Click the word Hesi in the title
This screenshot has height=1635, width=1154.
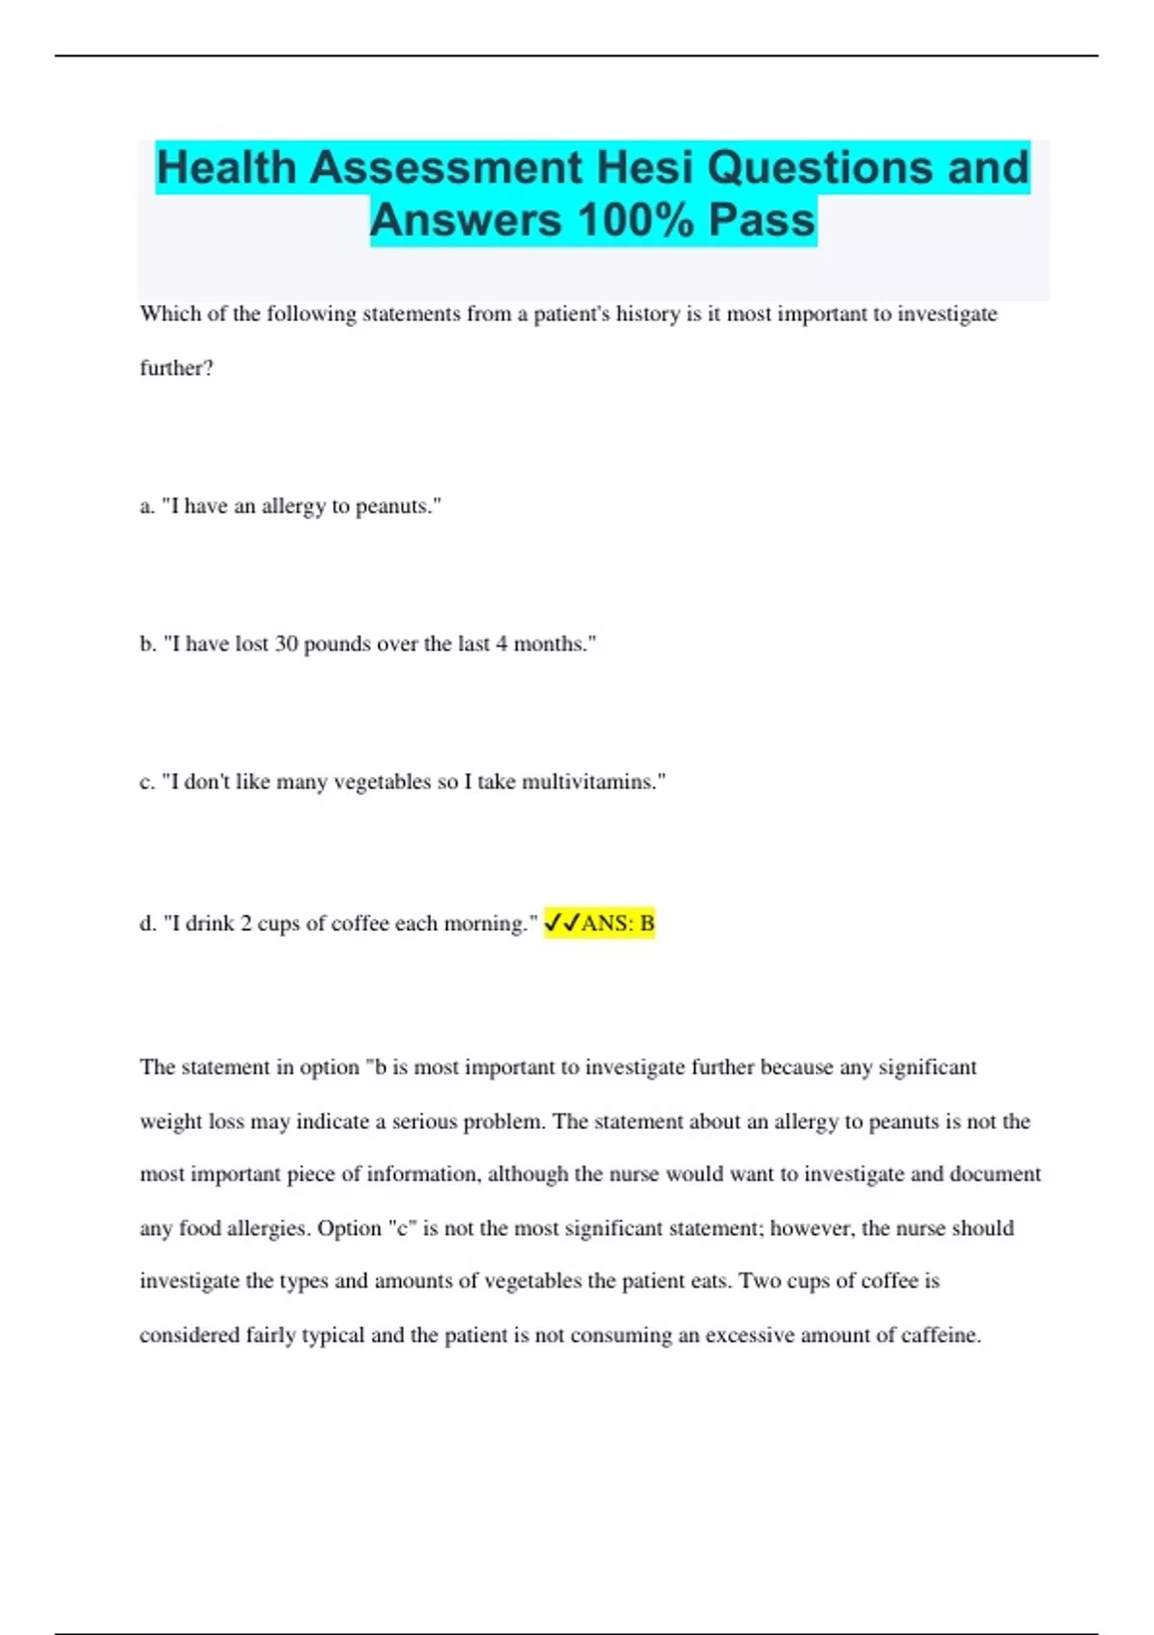(644, 168)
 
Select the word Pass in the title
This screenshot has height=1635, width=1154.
(762, 220)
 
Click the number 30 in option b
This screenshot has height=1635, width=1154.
(287, 644)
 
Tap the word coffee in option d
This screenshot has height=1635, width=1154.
(360, 923)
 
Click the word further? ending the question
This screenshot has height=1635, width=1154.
(176, 368)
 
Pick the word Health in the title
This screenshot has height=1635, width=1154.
(226, 168)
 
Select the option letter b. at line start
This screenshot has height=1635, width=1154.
(148, 644)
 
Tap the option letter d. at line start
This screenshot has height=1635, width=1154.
(148, 923)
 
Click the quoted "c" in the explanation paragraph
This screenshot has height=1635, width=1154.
(402, 1228)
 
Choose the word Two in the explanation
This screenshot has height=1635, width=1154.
(756, 1281)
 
